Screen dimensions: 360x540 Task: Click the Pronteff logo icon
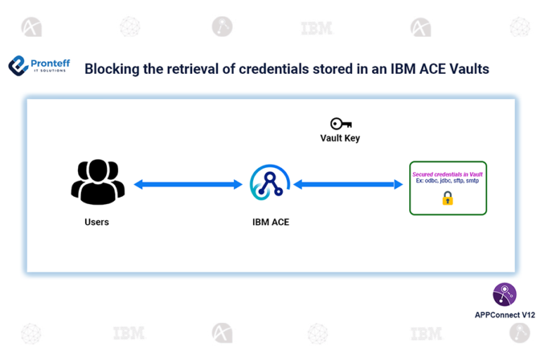(x=18, y=66)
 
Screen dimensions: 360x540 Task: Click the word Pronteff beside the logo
(x=50, y=63)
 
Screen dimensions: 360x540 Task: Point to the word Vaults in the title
(x=470, y=69)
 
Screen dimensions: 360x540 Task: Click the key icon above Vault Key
(x=340, y=124)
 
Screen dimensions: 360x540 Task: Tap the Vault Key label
(x=340, y=139)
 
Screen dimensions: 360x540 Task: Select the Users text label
(x=97, y=222)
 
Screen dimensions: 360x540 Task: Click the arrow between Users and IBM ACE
(x=188, y=185)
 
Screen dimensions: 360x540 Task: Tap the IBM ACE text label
(x=271, y=222)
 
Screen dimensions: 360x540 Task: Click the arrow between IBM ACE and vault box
(x=343, y=185)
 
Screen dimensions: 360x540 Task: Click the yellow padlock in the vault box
(x=447, y=199)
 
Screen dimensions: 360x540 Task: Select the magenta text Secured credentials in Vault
(x=447, y=174)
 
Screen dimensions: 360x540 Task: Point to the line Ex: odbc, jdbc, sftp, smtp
(x=447, y=181)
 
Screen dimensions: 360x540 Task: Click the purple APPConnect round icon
(x=504, y=294)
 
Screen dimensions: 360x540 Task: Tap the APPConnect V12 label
(x=504, y=315)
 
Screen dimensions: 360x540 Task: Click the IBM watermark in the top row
(x=316, y=29)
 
